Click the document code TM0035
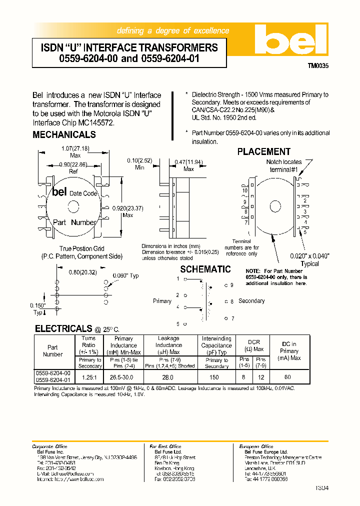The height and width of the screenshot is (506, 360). click(317, 65)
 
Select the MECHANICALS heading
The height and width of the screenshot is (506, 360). click(64, 135)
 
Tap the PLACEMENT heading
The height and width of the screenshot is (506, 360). click(263, 151)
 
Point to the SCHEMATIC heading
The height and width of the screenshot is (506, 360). click(205, 269)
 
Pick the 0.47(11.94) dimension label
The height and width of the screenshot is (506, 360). click(188, 162)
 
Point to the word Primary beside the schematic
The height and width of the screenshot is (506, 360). click(162, 301)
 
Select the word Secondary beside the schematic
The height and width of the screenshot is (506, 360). click(251, 301)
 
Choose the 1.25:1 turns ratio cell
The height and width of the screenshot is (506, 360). click(88, 377)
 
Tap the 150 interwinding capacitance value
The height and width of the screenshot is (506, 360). click(214, 377)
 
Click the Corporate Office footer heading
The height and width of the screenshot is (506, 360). click(48, 446)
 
